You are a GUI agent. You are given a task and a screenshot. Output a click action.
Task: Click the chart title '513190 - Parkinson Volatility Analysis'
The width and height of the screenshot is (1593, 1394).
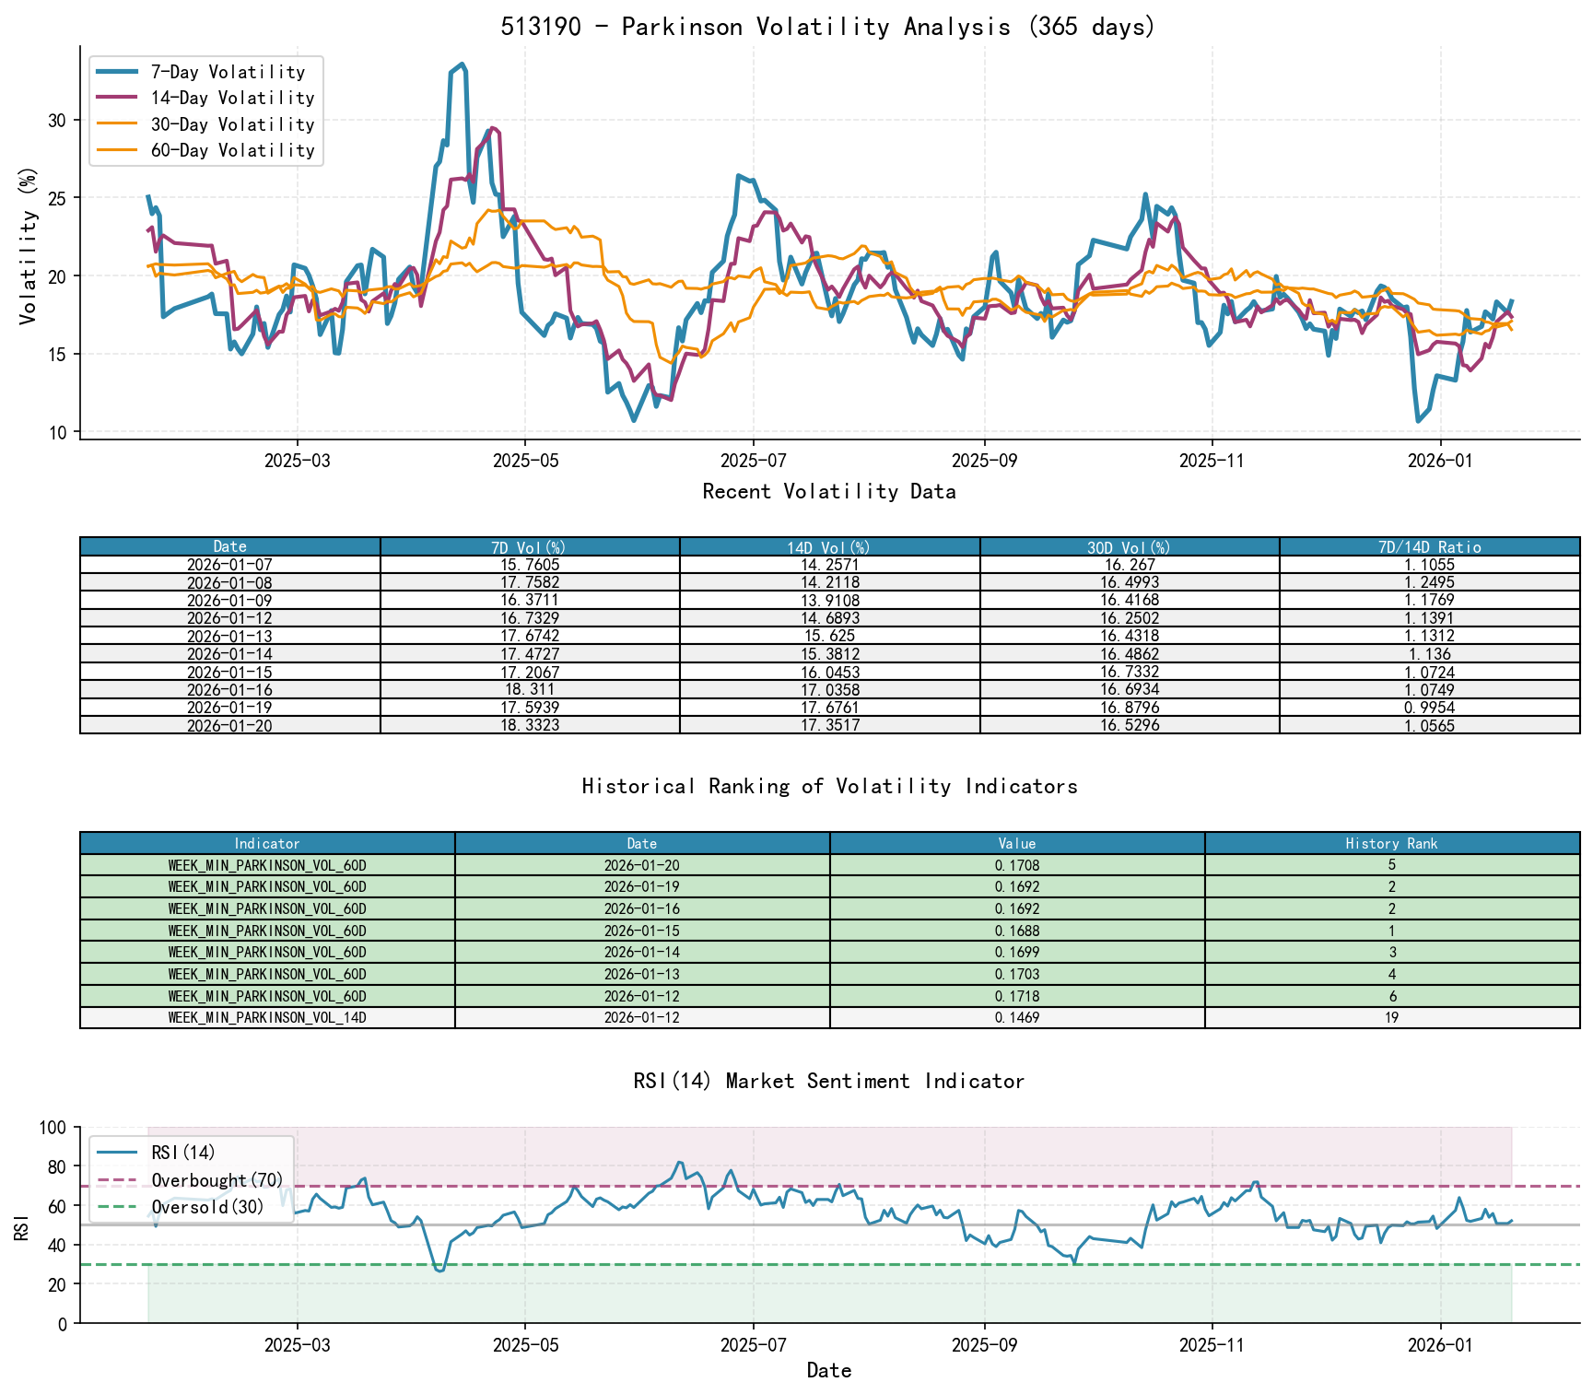pos(827,27)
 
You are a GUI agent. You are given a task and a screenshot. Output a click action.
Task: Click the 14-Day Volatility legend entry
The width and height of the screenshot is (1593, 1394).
pos(232,98)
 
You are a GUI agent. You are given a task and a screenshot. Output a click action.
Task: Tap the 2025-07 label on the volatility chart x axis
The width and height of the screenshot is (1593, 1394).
pos(754,461)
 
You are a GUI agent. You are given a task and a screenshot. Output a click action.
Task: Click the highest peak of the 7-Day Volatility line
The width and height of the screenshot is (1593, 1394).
pos(462,64)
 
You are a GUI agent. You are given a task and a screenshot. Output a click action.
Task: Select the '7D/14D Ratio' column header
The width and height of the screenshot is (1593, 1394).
pos(1429,547)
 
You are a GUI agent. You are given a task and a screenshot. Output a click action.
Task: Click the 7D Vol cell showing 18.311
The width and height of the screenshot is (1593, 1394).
pos(530,689)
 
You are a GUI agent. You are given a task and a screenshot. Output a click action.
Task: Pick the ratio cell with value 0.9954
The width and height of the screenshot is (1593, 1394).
pos(1429,708)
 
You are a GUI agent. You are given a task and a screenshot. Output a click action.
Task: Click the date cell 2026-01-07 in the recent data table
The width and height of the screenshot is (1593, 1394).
pos(229,565)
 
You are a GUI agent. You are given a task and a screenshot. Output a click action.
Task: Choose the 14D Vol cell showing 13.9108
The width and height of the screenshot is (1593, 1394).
pos(829,601)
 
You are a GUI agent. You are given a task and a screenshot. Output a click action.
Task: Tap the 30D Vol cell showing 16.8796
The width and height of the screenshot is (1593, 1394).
pos(1130,708)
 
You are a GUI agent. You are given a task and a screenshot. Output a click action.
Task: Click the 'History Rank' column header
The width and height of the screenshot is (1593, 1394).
pos(1391,843)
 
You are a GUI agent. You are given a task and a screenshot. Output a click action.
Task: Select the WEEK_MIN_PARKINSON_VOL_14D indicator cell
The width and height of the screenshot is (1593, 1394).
pos(267,1018)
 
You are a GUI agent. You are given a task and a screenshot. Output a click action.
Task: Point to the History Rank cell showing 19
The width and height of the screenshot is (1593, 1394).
pos(1391,1018)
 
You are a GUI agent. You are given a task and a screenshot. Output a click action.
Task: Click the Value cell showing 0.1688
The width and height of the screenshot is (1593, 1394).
pos(1017,931)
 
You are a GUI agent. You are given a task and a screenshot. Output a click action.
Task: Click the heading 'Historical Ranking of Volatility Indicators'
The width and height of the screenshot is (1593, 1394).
pos(829,786)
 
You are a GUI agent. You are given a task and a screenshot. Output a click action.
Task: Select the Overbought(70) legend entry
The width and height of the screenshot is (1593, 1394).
pos(217,1180)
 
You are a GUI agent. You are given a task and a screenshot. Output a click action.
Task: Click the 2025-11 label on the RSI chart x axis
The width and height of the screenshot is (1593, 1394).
pos(1212,1345)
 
